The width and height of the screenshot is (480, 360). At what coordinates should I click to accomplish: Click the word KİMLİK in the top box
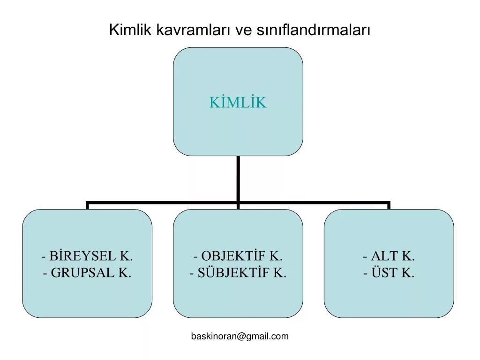point(238,102)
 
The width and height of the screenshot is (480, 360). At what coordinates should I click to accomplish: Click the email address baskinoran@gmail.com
point(240,336)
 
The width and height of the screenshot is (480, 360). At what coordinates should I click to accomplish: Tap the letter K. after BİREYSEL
point(126,256)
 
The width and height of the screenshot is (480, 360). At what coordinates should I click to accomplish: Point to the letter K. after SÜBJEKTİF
point(279,272)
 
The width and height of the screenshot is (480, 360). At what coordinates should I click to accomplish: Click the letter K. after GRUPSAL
point(125,272)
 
